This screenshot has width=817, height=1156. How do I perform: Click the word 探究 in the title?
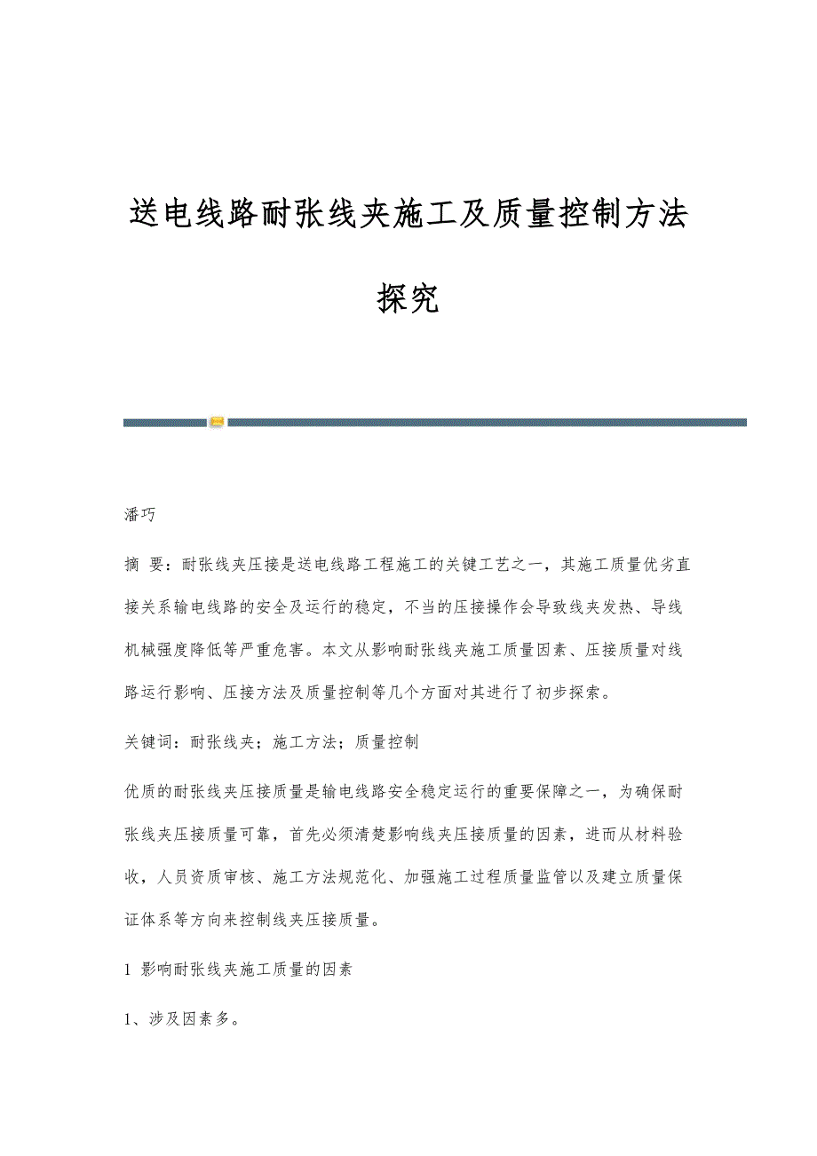(x=408, y=299)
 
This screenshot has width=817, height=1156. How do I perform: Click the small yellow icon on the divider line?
(x=217, y=423)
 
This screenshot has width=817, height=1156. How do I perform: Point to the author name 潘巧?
(x=140, y=515)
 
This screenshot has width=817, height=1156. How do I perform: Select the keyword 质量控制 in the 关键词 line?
(x=386, y=742)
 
